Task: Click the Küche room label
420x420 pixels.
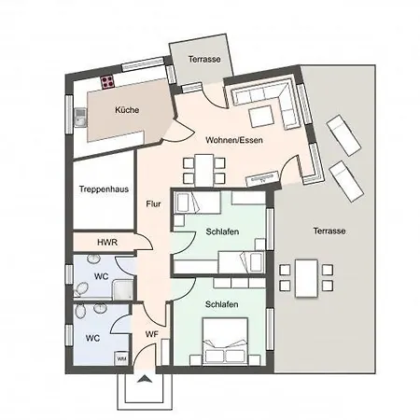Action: click(x=127, y=110)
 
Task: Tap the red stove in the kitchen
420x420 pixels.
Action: click(x=107, y=82)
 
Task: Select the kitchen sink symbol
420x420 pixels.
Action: click(x=80, y=118)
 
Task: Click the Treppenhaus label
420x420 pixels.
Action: click(x=104, y=189)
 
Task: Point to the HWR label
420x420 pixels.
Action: click(x=107, y=243)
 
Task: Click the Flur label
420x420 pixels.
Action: click(x=153, y=203)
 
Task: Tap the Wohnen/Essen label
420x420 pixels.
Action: click(x=234, y=140)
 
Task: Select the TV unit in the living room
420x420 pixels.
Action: click(x=262, y=178)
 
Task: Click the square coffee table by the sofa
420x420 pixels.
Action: click(x=261, y=117)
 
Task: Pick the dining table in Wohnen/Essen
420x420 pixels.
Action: click(x=204, y=171)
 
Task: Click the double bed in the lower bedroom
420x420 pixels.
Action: click(x=225, y=341)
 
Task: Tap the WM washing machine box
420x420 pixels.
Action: click(x=121, y=358)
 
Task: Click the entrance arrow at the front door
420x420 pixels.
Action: click(x=144, y=379)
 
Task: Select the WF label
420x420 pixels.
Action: click(x=152, y=334)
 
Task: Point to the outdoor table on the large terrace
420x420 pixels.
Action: click(x=307, y=278)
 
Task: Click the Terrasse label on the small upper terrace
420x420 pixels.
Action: click(x=204, y=59)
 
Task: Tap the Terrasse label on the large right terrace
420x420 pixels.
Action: click(x=329, y=231)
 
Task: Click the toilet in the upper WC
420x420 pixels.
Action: click(x=80, y=290)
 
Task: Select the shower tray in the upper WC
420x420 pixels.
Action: click(x=122, y=289)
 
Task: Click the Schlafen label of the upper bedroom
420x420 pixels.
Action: click(x=222, y=231)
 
